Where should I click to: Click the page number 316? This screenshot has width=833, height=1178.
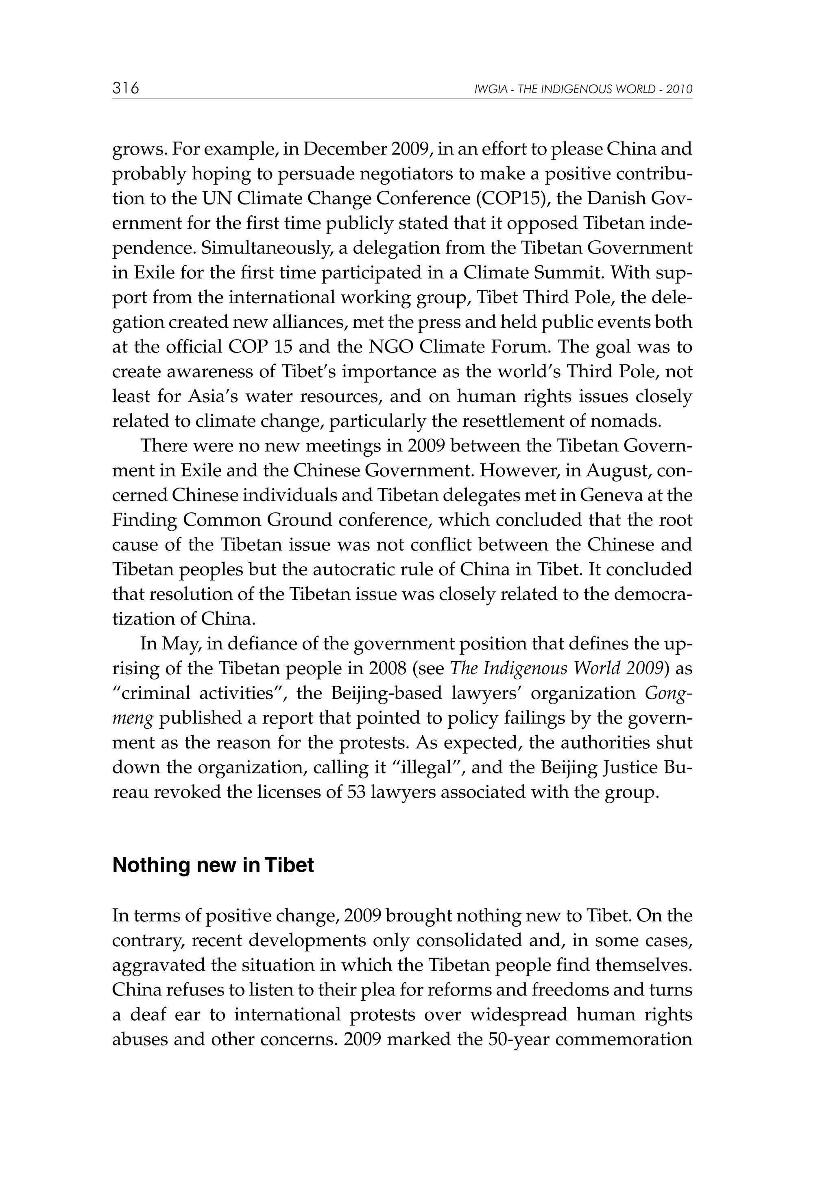pos(126,88)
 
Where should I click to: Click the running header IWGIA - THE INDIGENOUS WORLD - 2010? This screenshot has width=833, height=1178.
pos(584,89)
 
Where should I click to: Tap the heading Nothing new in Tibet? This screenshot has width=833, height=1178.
pos(213,865)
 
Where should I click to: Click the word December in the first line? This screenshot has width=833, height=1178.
pos(345,149)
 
